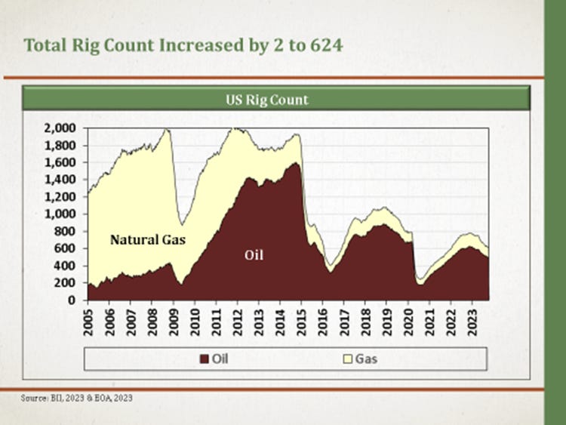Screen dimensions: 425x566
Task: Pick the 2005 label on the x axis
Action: pyautogui.click(x=89, y=319)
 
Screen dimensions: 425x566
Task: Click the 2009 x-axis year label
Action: pyautogui.click(x=174, y=319)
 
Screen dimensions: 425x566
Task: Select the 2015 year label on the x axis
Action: pyautogui.click(x=301, y=319)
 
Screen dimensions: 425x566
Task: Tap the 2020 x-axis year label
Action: pyautogui.click(x=408, y=319)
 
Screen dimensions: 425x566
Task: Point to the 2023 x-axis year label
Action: pyautogui.click(x=472, y=319)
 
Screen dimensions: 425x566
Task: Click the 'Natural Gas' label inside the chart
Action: pyautogui.click(x=148, y=241)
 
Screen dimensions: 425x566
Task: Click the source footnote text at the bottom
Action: pyautogui.click(x=72, y=397)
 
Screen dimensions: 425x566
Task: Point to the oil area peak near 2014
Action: pyautogui.click(x=294, y=163)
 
